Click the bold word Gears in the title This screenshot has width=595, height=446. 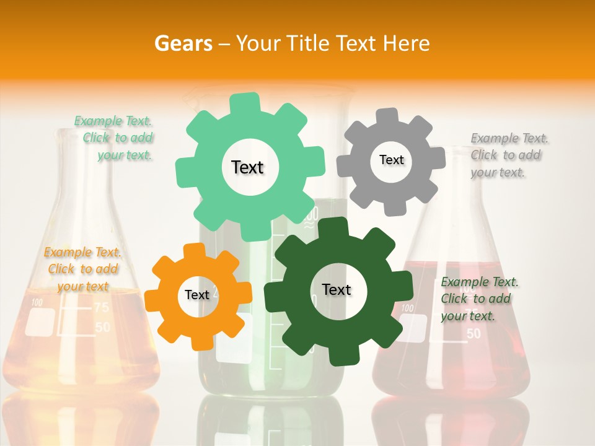tap(183, 43)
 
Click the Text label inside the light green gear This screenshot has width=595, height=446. tap(247, 167)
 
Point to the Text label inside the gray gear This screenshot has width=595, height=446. tap(391, 160)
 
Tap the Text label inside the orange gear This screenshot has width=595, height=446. tap(197, 295)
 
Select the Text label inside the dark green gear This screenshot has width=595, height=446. tap(337, 289)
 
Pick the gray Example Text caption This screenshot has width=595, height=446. tap(508, 155)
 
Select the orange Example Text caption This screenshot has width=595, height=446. tap(82, 269)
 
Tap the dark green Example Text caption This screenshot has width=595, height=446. tap(478, 299)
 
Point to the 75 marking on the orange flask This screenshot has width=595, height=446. tap(102, 308)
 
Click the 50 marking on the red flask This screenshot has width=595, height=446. tap(473, 334)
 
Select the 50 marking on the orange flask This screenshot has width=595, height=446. tap(102, 327)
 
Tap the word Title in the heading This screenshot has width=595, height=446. tap(307, 43)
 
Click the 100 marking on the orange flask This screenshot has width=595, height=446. tap(37, 303)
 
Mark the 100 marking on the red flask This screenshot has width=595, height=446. tap(407, 308)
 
